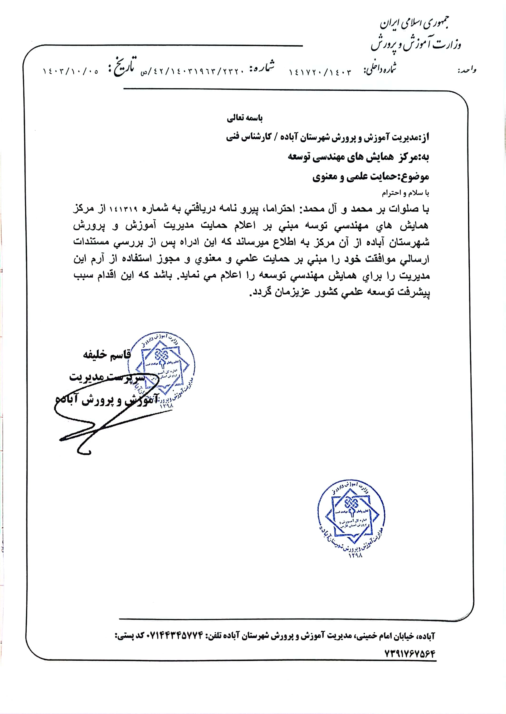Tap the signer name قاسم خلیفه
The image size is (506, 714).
[x=107, y=355]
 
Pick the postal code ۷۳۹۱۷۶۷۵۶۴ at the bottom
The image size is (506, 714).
[x=409, y=653]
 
